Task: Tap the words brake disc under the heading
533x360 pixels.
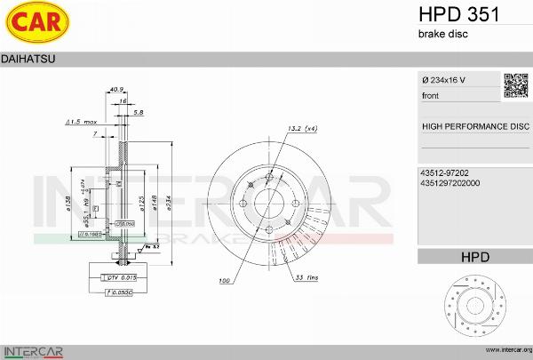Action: click(442, 34)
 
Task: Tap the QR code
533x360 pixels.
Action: click(516, 85)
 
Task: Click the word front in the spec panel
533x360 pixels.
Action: click(431, 95)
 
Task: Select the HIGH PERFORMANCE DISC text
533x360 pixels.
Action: click(474, 126)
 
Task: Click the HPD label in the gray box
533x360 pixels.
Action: click(474, 257)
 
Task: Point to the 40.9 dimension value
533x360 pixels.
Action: click(115, 89)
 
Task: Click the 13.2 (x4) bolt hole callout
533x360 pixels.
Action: click(302, 129)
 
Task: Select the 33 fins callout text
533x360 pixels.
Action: click(307, 278)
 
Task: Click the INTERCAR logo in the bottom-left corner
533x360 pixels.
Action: click(31, 349)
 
